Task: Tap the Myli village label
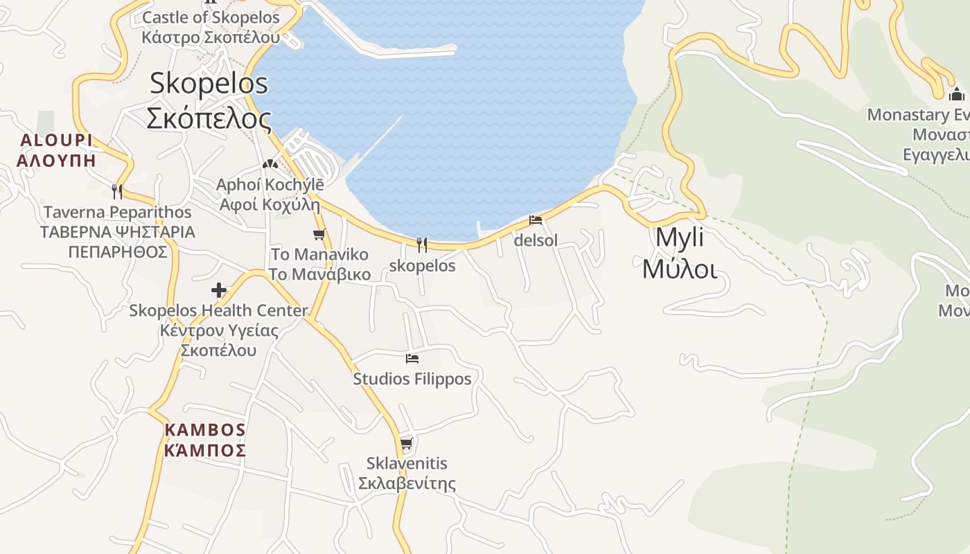tap(679, 253)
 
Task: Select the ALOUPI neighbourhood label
tap(56, 150)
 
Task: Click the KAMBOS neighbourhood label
tap(205, 440)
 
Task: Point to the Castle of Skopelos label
tap(211, 27)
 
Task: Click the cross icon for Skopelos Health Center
tap(219, 289)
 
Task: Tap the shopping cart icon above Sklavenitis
tap(407, 443)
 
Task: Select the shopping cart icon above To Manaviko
tap(319, 234)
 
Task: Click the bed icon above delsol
tap(536, 220)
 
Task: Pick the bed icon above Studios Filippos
tap(412, 358)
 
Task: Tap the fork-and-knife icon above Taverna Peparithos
tap(117, 191)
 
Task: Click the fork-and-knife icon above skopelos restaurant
tap(421, 244)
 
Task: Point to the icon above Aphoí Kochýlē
tap(270, 164)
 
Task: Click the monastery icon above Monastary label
tap(957, 94)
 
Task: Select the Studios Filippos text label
tap(412, 379)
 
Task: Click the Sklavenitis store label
tap(407, 473)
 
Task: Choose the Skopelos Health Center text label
tap(218, 330)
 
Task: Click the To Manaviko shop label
tap(319, 264)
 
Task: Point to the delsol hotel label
tap(536, 241)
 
